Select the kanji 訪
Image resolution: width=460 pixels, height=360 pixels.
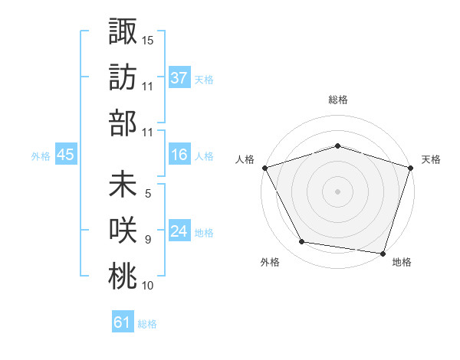tap(123, 77)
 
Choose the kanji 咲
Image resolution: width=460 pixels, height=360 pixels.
tap(123, 232)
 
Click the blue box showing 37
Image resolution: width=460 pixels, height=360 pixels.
tap(179, 78)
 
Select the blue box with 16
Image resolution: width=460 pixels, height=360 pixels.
tap(179, 155)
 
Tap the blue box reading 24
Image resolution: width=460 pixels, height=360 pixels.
tap(179, 232)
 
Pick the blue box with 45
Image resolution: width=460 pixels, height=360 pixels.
tap(65, 155)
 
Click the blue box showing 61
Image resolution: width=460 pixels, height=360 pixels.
tap(123, 323)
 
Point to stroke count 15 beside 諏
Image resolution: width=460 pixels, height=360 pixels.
tap(148, 40)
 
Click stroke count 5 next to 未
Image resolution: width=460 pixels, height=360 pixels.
tap(148, 194)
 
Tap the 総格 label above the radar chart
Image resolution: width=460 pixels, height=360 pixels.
tap(337, 100)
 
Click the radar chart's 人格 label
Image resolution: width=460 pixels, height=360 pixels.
tap(245, 160)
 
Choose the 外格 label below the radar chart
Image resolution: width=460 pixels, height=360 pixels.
tap(270, 263)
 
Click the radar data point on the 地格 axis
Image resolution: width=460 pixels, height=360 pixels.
tap(383, 252)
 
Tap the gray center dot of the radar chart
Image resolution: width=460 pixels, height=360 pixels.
tap(337, 191)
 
